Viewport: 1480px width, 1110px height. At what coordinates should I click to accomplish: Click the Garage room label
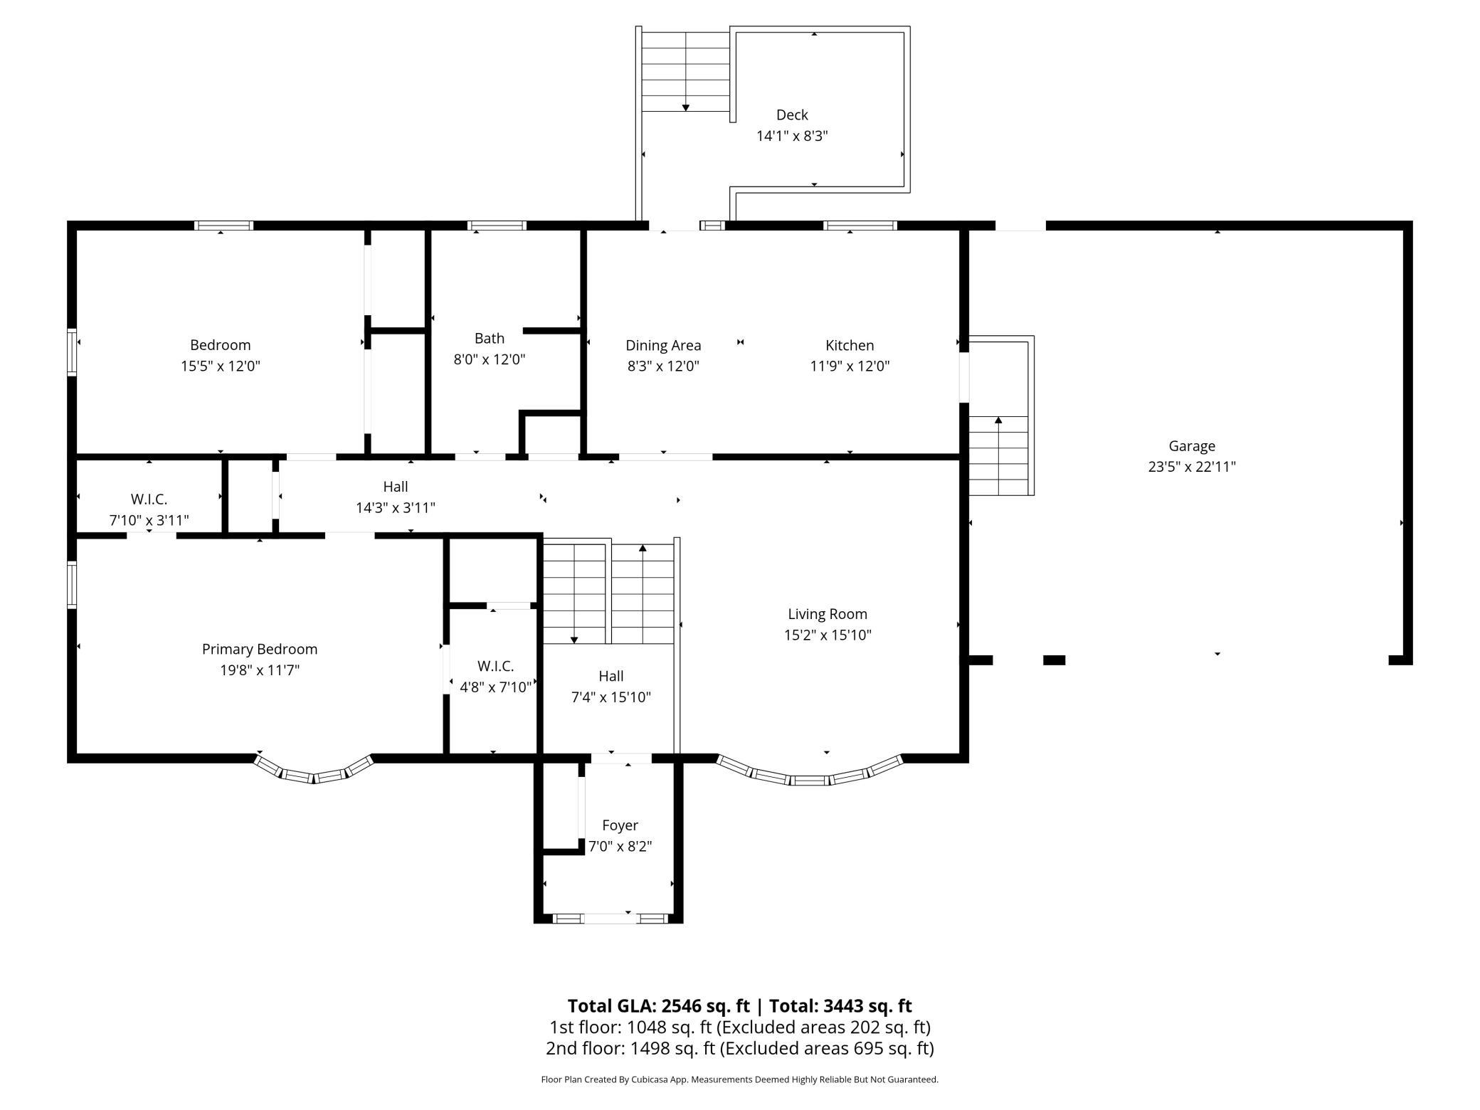click(x=1192, y=446)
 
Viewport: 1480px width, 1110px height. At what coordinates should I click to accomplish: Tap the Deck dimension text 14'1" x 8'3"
click(x=792, y=136)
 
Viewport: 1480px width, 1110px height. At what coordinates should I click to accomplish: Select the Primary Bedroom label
click(x=260, y=649)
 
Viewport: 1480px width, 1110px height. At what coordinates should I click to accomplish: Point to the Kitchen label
click(x=850, y=345)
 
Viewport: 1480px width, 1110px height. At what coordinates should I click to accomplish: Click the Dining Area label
click(x=663, y=345)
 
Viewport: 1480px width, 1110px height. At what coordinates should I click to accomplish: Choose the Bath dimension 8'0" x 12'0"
click(x=490, y=359)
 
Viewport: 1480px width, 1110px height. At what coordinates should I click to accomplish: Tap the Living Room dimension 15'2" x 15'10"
click(x=828, y=635)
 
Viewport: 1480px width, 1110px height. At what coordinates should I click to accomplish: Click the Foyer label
click(x=620, y=825)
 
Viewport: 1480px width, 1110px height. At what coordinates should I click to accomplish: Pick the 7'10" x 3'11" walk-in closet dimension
click(x=149, y=520)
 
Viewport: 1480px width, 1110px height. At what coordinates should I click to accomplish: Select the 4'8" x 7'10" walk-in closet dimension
click(x=496, y=687)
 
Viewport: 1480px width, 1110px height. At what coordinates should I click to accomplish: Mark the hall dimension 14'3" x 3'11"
click(x=396, y=508)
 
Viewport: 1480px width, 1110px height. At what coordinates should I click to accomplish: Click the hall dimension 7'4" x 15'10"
click(x=611, y=697)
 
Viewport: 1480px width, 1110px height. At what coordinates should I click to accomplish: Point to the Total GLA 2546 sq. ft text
click(x=659, y=1005)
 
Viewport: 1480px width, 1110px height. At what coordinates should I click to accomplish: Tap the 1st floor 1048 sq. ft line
click(x=740, y=1027)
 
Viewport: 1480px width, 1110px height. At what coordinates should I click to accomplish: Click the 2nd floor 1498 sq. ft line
click(x=740, y=1048)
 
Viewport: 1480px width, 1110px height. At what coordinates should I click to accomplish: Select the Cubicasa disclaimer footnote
click(x=740, y=1079)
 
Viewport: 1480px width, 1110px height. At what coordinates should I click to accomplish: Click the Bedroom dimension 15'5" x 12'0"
click(x=221, y=366)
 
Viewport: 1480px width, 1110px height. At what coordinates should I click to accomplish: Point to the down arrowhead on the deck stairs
click(x=686, y=108)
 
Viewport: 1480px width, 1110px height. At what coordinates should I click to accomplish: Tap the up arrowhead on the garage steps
click(x=998, y=421)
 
